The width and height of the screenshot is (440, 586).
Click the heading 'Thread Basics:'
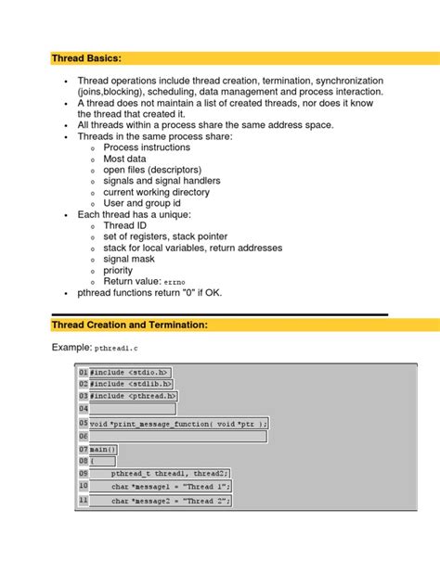tap(86, 58)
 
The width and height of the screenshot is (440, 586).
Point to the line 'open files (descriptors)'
tap(156, 170)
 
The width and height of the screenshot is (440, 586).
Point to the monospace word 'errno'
tap(176, 282)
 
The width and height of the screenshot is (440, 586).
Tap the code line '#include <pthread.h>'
tap(134, 396)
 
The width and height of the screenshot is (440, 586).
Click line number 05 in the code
tap(84, 422)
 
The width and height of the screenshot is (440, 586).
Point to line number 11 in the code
tap(84, 501)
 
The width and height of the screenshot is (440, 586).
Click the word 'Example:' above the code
tap(71, 348)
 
